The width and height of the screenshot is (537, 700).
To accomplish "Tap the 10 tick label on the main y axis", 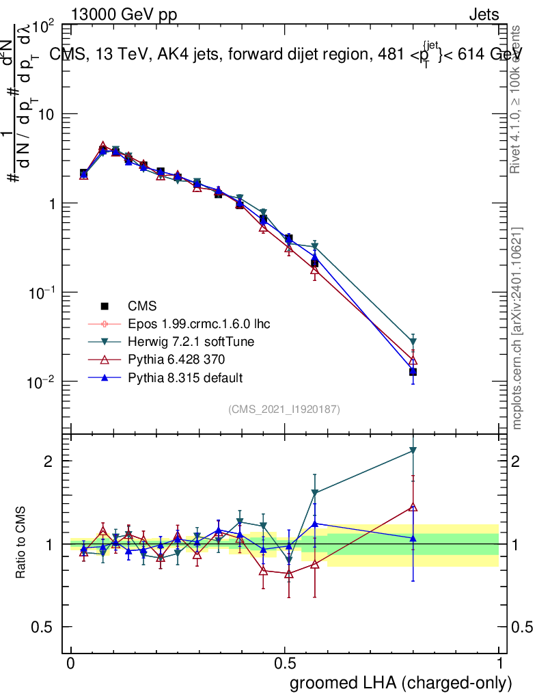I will tap(49, 114).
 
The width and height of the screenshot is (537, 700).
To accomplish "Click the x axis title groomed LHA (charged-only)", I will tap(401, 683).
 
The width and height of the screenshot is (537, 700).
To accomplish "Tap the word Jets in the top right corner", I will tap(484, 14).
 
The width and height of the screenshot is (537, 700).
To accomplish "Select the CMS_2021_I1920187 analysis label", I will tap(284, 409).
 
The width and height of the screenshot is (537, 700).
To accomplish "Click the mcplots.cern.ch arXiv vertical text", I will tap(518, 328).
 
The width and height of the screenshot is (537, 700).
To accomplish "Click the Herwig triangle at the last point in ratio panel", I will tap(413, 450).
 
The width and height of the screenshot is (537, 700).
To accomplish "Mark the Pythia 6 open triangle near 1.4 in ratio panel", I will tap(413, 507).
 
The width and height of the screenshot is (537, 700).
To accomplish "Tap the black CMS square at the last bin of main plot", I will tap(413, 372).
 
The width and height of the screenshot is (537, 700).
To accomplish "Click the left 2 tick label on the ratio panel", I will tap(50, 461).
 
